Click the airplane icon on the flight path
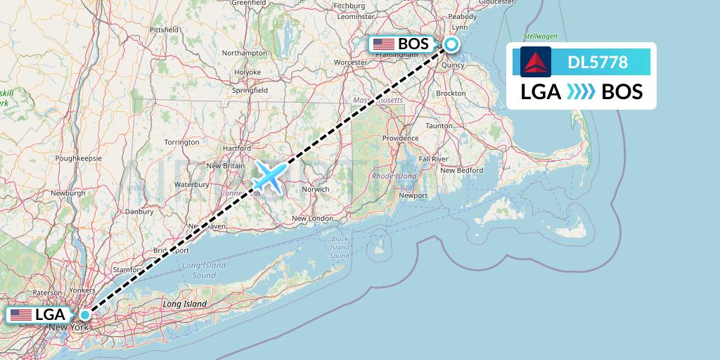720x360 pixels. pos(268,176)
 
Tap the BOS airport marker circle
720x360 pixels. pos(451,44)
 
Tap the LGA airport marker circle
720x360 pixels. pos(85,314)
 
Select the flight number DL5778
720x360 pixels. pos(598,63)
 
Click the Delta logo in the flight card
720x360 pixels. pos(536,62)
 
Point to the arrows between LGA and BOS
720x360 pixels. pos(581,91)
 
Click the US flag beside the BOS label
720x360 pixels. pos(384,44)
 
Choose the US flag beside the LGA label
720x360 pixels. pos(21,315)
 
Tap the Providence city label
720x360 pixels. pos(401,139)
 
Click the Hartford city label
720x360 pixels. pos(236,149)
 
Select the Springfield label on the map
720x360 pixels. pos(250,91)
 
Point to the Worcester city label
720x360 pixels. pos(351,63)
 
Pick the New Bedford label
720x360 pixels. pos(461,170)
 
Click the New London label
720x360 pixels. pos(312,219)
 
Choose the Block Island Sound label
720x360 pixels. pos(339,247)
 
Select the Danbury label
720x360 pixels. pos(139,211)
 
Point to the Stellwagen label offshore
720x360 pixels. pos(540,35)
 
